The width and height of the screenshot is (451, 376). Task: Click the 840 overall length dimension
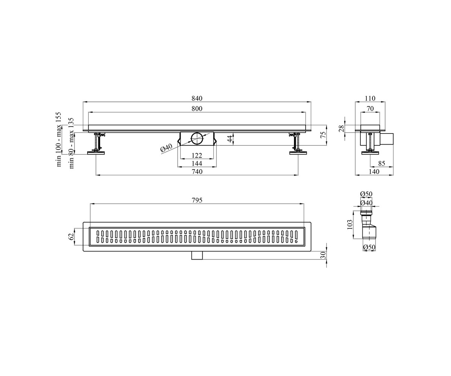coord(197,98)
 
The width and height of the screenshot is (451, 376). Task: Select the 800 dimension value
coord(197,109)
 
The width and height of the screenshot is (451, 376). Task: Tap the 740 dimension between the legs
coord(197,171)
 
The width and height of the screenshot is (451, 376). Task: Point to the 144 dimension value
coord(197,163)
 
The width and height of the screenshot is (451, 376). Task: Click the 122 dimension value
coord(197,155)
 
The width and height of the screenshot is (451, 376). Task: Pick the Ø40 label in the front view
coord(166,148)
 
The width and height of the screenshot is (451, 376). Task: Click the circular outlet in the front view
coord(197,139)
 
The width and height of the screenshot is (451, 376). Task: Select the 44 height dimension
coord(230,138)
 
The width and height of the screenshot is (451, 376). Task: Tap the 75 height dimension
coord(323,135)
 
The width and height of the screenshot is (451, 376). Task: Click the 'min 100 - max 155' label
coord(59,139)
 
